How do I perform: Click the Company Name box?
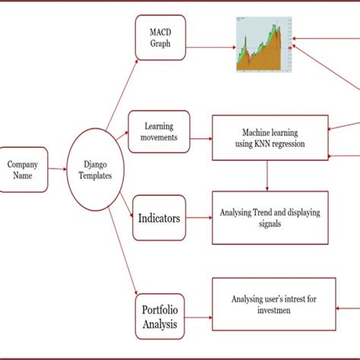click(x=24, y=169)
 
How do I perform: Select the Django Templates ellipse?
click(x=96, y=169)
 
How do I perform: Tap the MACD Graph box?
click(x=160, y=38)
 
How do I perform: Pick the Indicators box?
click(x=159, y=219)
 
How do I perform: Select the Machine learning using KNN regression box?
click(x=270, y=137)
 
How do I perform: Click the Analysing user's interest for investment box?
click(x=270, y=305)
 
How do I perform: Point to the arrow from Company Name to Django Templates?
click(x=58, y=169)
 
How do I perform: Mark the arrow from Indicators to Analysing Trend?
click(x=199, y=219)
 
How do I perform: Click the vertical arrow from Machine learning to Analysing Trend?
click(x=267, y=175)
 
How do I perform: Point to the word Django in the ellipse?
click(x=96, y=163)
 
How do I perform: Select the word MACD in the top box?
click(x=160, y=32)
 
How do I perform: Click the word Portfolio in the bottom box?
click(x=159, y=310)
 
